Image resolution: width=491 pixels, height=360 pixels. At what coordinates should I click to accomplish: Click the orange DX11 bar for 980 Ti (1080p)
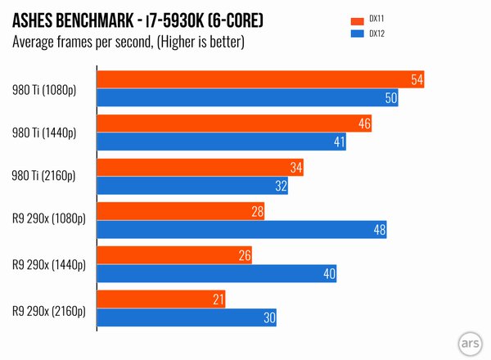pos(260,79)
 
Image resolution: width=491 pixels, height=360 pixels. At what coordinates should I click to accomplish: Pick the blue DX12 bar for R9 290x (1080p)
pos(242,230)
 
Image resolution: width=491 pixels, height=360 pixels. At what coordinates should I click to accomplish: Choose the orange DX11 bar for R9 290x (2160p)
pos(161,299)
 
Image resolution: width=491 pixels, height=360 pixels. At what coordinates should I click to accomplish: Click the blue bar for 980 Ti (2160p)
pos(193,186)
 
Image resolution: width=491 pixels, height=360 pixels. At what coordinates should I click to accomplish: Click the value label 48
pos(379,230)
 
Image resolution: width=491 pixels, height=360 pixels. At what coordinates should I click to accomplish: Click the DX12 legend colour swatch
pos(356,34)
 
